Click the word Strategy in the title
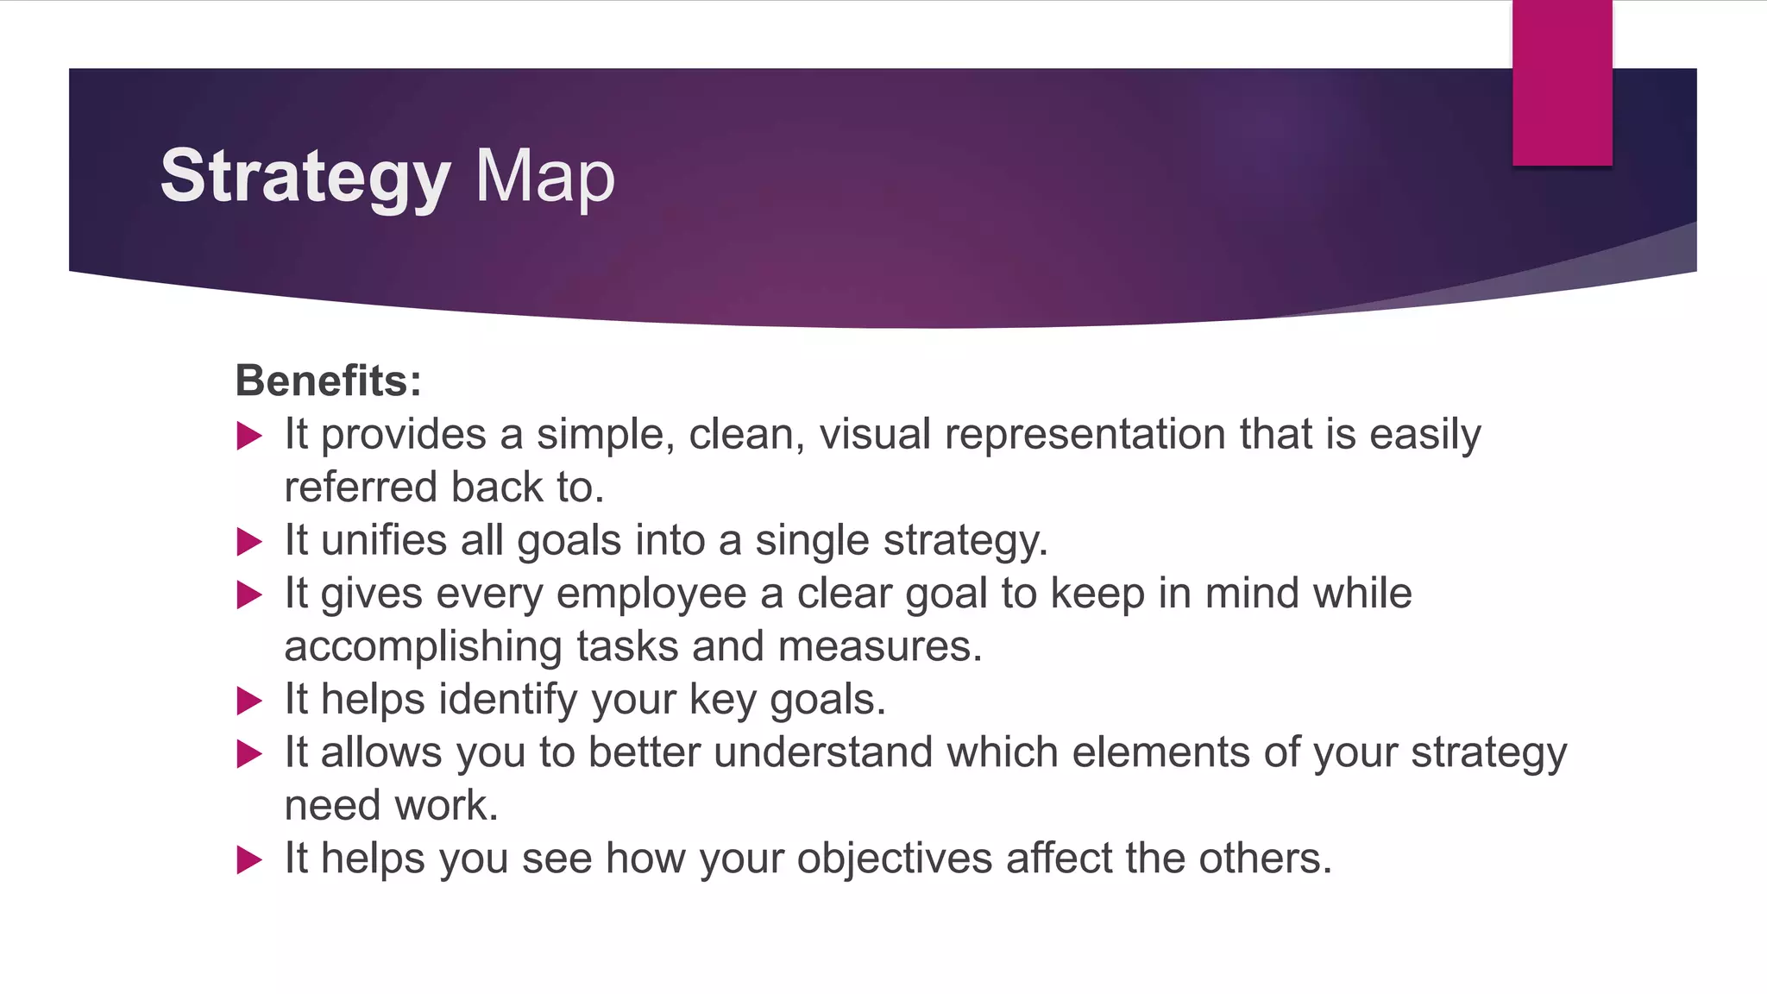click(305, 177)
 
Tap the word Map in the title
click(544, 177)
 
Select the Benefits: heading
click(328, 381)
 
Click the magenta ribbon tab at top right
click(1562, 83)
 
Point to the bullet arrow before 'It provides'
click(248, 436)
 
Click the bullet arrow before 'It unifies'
click(248, 542)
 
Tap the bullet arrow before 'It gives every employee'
click(248, 595)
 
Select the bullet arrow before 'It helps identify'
click(248, 701)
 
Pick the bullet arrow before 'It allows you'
click(248, 754)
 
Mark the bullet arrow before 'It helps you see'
click(248, 860)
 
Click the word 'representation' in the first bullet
click(1085, 435)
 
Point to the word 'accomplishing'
click(423, 647)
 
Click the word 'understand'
click(823, 752)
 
